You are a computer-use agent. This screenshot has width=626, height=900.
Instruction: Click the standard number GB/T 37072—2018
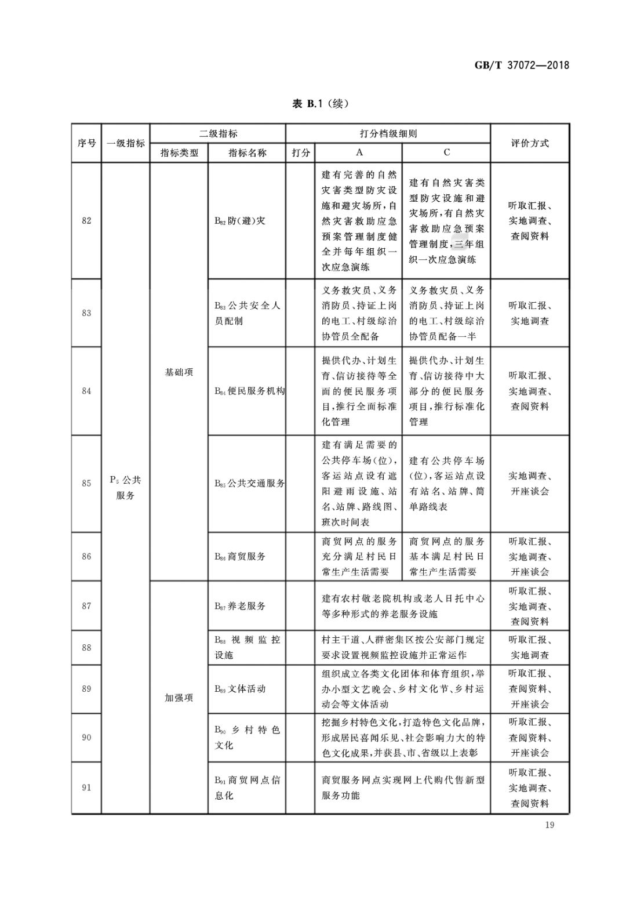click(522, 65)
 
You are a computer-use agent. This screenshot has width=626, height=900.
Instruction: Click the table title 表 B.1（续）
click(321, 104)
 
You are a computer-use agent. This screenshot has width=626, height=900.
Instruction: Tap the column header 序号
click(86, 143)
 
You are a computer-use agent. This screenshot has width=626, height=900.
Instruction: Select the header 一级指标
click(125, 143)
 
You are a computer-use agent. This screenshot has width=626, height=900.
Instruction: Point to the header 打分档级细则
click(388, 133)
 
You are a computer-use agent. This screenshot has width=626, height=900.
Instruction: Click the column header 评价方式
click(529, 143)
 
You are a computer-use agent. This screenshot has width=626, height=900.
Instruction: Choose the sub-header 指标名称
click(247, 153)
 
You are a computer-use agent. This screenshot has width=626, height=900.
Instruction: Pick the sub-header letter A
click(359, 153)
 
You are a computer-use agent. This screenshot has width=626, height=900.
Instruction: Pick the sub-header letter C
click(446, 153)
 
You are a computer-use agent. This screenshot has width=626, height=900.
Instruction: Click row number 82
click(86, 220)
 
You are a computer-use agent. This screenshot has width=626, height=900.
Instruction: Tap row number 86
click(86, 556)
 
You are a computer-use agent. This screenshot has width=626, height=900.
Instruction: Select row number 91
click(86, 787)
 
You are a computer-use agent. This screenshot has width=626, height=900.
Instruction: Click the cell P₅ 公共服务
click(125, 488)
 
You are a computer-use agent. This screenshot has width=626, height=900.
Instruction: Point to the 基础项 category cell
click(179, 372)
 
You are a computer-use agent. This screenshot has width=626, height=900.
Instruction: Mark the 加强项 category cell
click(179, 698)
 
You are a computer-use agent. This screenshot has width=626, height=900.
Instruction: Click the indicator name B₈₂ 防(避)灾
click(240, 220)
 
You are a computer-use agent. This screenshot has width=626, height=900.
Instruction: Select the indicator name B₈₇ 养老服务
click(240, 606)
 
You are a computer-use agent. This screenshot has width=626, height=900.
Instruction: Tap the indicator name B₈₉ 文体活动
click(240, 689)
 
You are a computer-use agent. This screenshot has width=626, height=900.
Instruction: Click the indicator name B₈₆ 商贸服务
click(240, 556)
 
